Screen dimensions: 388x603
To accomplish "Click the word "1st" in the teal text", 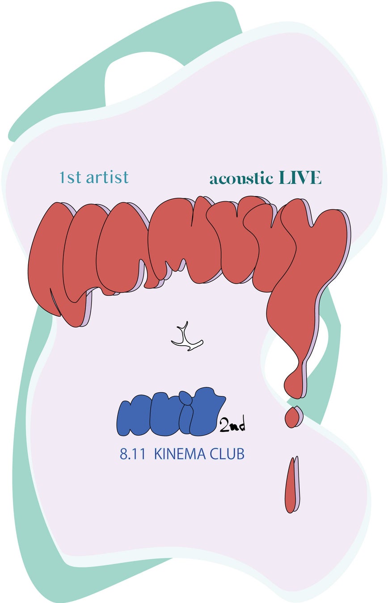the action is click(71, 178).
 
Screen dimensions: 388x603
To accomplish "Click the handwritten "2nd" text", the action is click(232, 425).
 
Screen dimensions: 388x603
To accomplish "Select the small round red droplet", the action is click(292, 417).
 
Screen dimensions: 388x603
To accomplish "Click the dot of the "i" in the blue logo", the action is click(184, 396).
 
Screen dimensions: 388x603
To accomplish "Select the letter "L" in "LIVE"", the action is click(284, 178).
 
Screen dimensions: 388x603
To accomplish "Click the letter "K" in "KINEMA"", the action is click(158, 455).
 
